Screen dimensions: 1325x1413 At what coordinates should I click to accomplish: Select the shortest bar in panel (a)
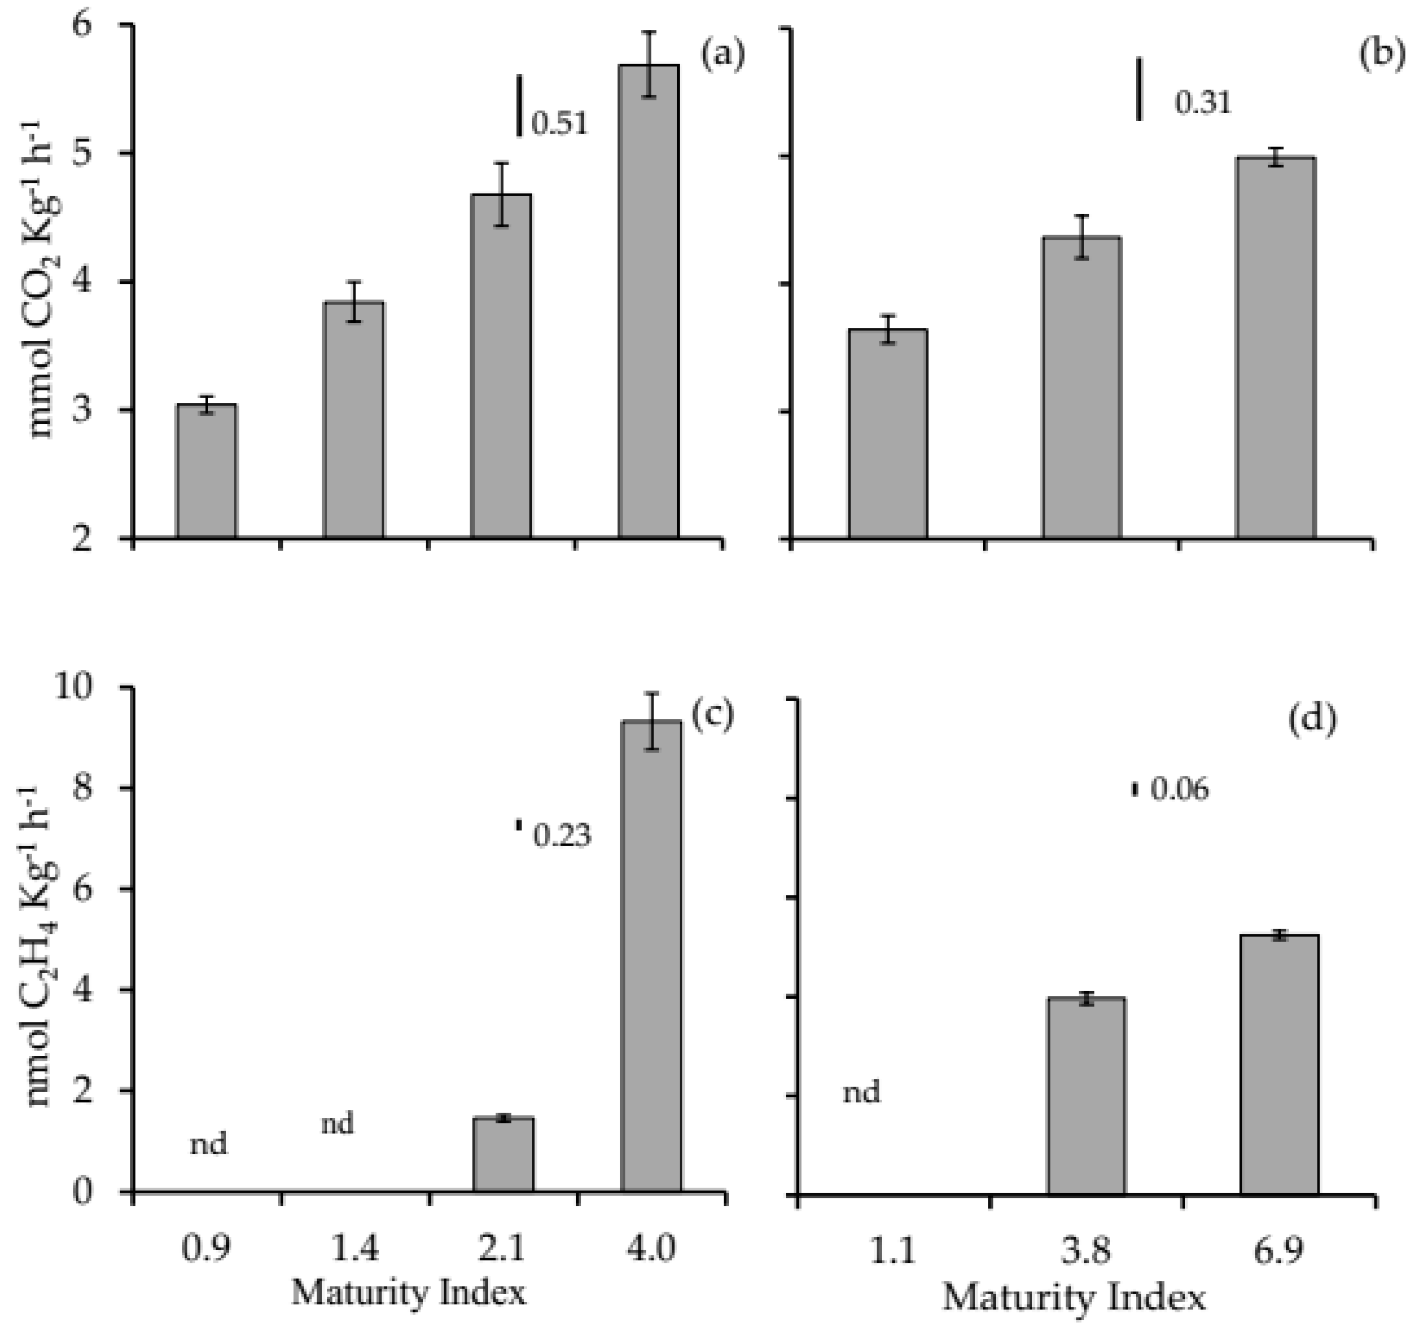[206, 471]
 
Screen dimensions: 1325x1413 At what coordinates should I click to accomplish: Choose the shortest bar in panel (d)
[1085, 1095]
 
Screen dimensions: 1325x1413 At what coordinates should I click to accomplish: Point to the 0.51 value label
[560, 124]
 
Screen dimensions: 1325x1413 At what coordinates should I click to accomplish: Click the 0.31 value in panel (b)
[1202, 104]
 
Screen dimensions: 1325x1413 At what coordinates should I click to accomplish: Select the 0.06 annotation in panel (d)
[1179, 790]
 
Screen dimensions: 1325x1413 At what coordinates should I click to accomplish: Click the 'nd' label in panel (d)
[862, 1091]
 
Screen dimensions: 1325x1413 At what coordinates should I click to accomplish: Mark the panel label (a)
[722, 55]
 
